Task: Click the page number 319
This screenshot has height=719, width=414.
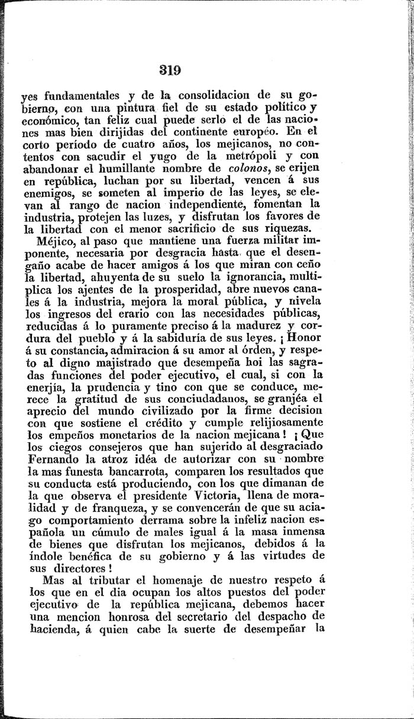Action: point(169,69)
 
